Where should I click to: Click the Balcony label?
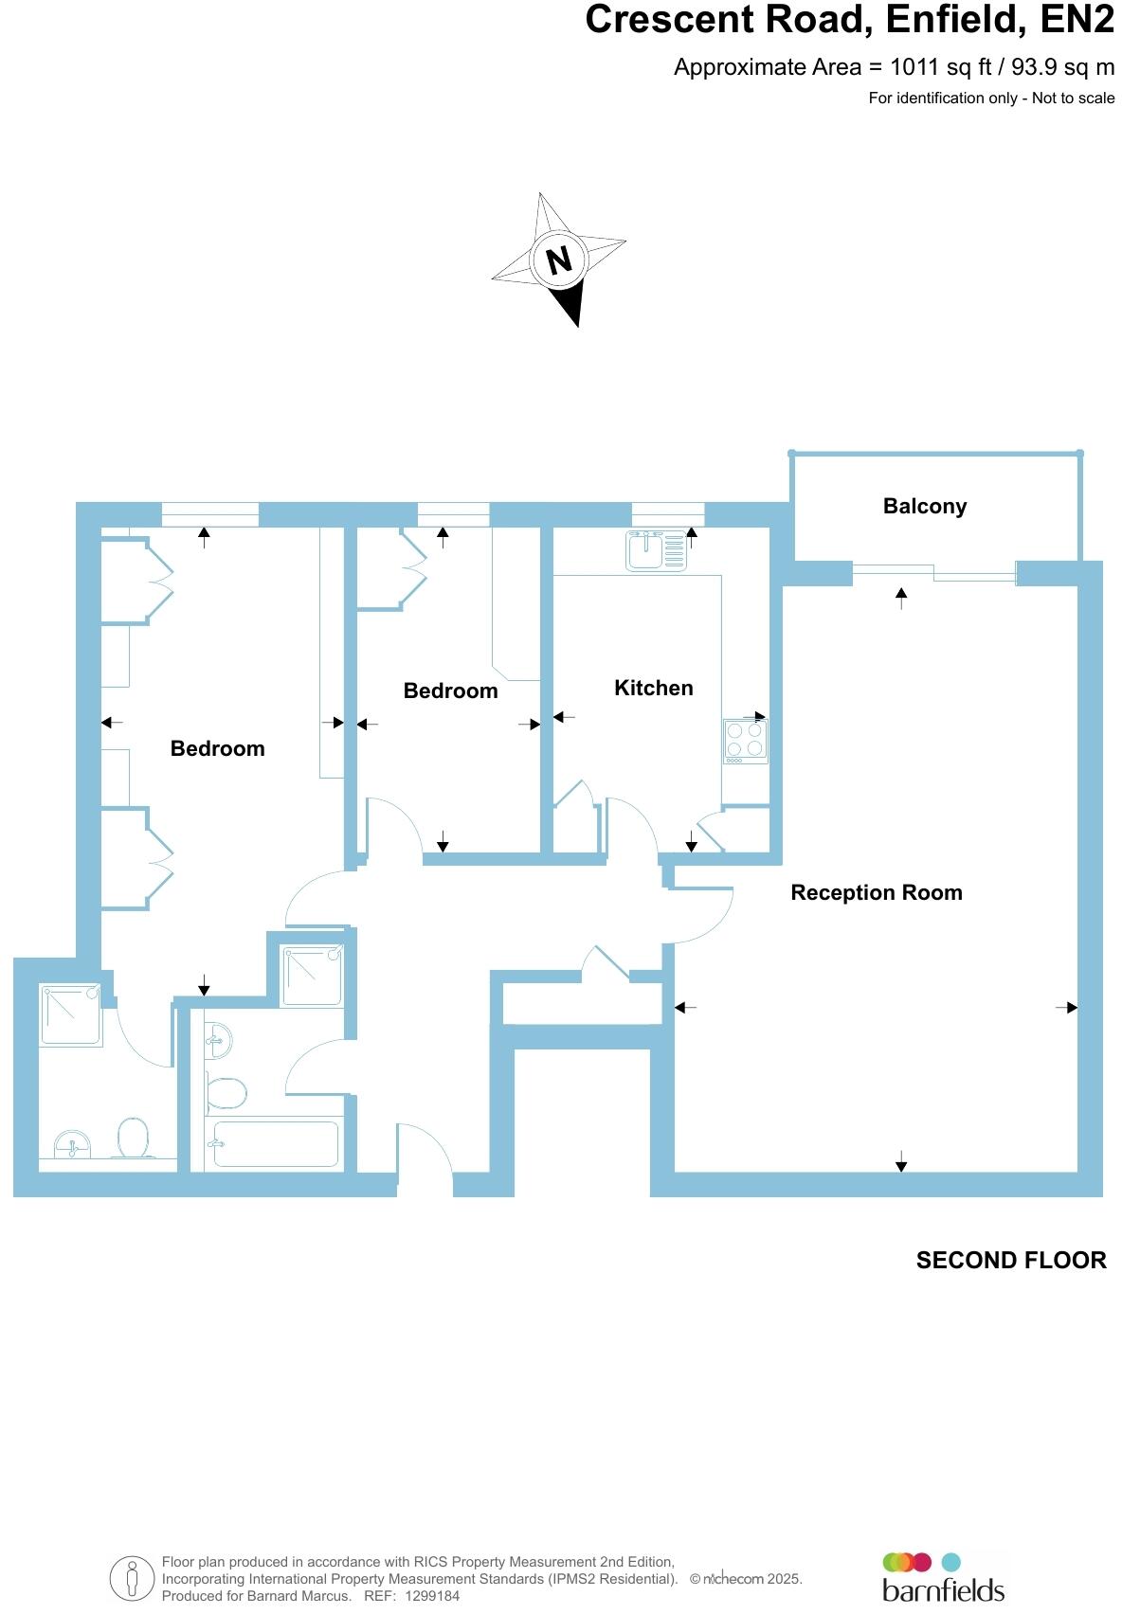925,507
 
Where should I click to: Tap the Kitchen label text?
653,688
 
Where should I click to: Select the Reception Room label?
877,893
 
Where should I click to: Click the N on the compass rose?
559,260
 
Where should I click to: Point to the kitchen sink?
656,551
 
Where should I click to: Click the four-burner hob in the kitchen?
745,740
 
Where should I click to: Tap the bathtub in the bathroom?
276,1143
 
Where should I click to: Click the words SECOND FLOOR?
1011,1260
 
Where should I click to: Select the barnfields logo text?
943,1591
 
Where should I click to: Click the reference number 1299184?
432,1596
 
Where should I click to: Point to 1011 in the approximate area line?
914,67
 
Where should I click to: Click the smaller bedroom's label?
451,691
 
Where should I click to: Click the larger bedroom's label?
217,748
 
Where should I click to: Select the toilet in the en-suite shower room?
133,1138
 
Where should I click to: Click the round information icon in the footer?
132,1579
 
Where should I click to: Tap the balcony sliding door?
933,573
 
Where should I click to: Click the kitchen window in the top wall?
668,514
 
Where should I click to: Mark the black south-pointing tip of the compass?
578,327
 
